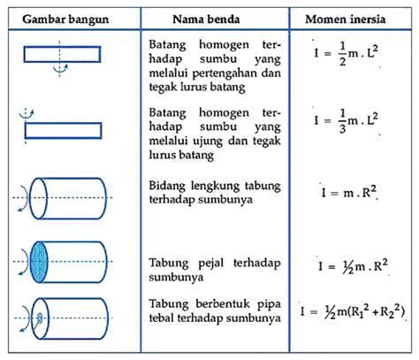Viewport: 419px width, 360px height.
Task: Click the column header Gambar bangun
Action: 65,19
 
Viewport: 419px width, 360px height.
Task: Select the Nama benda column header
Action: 206,19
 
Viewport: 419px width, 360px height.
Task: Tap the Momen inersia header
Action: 346,19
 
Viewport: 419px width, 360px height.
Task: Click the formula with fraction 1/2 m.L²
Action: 346,54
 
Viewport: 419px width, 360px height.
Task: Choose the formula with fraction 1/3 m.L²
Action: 346,121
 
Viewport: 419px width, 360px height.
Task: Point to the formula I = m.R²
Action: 349,193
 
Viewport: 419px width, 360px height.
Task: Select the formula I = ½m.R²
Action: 353,266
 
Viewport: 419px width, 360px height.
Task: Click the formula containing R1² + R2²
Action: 353,312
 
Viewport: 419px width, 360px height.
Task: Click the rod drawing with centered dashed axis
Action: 62,54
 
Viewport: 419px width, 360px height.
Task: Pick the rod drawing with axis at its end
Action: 64,130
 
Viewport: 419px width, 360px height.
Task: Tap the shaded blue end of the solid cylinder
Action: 39,262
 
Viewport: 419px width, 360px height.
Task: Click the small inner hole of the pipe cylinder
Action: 40,318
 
